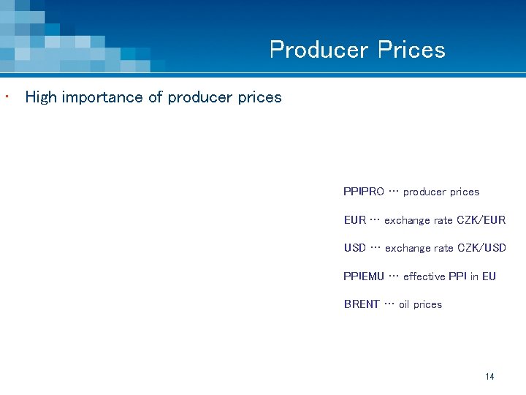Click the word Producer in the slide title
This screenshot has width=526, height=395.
(319, 50)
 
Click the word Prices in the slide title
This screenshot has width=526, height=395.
(411, 50)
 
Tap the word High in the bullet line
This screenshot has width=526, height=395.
(40, 97)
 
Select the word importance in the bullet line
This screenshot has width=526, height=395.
(102, 97)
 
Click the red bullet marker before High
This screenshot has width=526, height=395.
(6, 96)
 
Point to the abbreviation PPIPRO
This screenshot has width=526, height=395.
(363, 192)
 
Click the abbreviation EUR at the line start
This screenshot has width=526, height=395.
(354, 220)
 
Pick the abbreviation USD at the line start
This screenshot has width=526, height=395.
(355, 248)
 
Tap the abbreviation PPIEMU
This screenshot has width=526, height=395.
(363, 276)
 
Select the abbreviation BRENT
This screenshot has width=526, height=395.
(362, 304)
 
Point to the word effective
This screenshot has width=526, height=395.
(424, 276)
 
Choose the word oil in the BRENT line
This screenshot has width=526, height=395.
(404, 304)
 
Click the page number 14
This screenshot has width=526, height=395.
(489, 377)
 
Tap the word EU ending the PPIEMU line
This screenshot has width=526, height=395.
(489, 276)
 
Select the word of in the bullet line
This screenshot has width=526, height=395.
(155, 97)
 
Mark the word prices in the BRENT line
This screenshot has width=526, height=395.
(427, 304)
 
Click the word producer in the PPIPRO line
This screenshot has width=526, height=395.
(424, 192)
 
